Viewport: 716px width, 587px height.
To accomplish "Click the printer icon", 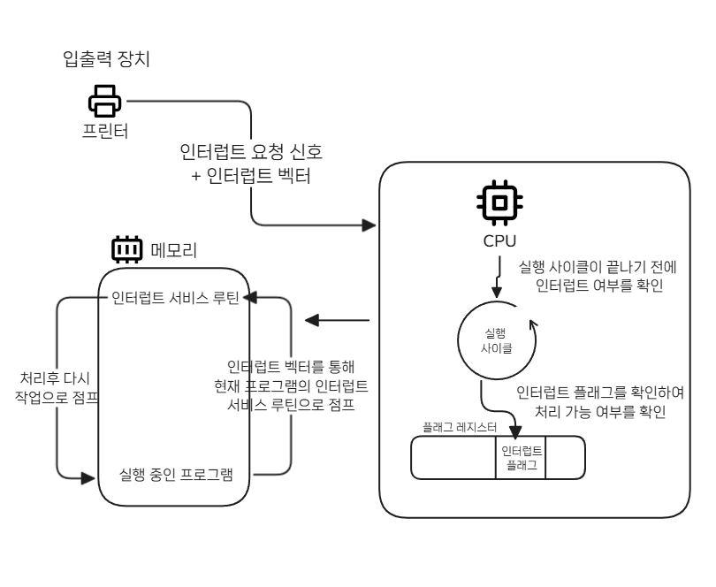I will pos(103,101).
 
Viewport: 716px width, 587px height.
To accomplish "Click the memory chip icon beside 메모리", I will pos(127,250).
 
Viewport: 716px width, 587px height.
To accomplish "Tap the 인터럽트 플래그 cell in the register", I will pos(521,457).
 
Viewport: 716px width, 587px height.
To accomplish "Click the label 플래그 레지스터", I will pos(460,427).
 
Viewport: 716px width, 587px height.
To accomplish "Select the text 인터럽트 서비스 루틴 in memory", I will pos(175,298).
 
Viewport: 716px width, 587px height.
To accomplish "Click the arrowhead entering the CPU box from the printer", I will pos(370,225).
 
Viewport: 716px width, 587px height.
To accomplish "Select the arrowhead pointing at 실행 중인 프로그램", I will pos(88,477).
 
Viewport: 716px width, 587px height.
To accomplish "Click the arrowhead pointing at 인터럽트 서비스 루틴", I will pos(249,298).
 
